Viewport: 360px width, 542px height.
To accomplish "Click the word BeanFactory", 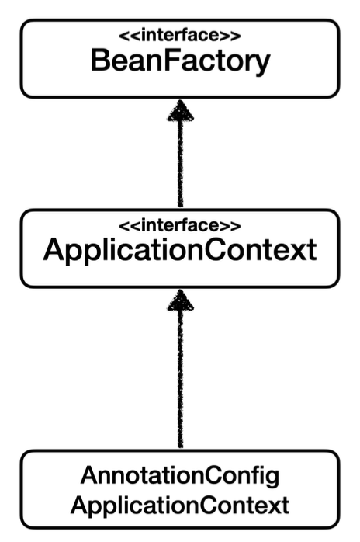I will (x=180, y=61).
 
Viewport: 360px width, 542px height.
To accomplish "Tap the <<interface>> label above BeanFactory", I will (x=180, y=35).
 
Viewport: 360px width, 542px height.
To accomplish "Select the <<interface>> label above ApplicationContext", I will (x=180, y=225).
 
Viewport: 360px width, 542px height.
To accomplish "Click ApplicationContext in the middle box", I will (x=180, y=251).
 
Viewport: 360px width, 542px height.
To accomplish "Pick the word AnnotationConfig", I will (x=180, y=474).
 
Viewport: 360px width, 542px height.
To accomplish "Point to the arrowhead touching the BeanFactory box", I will (x=181, y=113).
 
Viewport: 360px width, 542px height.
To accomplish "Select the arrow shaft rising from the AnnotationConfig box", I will (x=181, y=380).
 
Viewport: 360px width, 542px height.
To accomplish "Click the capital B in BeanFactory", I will (x=101, y=61).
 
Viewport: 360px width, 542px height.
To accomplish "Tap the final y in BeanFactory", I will (x=260, y=64).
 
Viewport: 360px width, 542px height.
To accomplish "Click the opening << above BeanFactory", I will (x=125, y=35).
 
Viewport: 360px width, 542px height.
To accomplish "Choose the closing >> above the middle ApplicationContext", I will (x=234, y=225).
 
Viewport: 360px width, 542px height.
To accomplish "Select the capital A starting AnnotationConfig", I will (x=88, y=474).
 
